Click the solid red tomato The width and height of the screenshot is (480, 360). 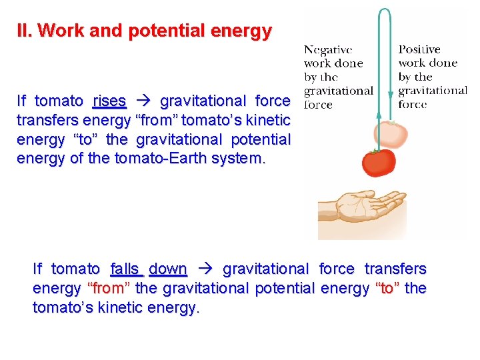(379, 162)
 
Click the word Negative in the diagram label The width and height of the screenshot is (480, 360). (327, 50)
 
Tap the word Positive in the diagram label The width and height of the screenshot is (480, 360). (419, 50)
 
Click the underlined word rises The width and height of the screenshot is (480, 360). (109, 101)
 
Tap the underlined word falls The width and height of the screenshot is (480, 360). (124, 269)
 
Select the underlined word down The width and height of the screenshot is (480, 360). (167, 269)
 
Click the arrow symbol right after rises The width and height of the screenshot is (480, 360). (143, 101)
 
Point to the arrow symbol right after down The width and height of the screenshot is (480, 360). (205, 269)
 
